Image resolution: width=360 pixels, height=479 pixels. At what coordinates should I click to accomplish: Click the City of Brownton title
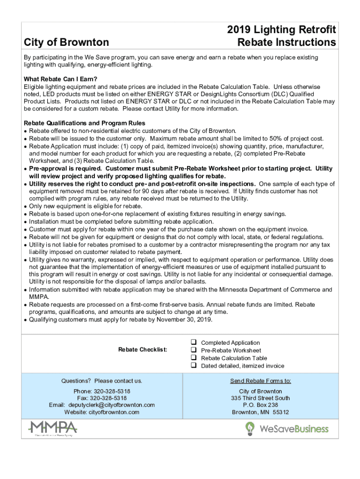coord(66,43)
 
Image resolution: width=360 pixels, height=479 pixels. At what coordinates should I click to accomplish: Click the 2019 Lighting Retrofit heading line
coord(281,30)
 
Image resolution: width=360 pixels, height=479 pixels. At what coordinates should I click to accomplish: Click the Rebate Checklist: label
coord(143,350)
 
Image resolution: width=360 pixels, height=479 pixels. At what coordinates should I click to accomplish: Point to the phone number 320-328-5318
coord(112,391)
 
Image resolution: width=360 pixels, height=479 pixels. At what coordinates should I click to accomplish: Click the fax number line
coord(101,398)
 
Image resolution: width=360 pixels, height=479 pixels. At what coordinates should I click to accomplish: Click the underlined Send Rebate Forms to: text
coord(260,381)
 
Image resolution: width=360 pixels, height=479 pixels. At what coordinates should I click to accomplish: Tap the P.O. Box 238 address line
coord(260,405)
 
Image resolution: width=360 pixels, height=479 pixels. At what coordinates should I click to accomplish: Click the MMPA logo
coord(53,428)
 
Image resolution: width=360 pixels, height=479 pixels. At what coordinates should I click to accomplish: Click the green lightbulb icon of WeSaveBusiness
coord(250,428)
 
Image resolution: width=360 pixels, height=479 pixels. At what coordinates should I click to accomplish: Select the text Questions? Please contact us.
coord(101,381)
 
